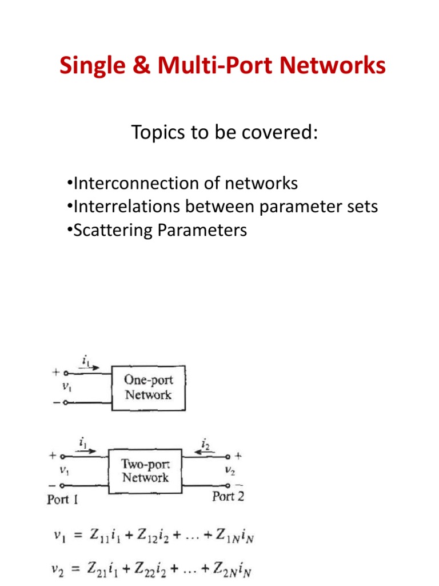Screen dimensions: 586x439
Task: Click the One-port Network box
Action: point(148,387)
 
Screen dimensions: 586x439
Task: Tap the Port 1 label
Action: point(62,500)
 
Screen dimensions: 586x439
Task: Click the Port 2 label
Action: point(228,497)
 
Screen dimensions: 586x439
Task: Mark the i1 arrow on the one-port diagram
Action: point(89,364)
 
